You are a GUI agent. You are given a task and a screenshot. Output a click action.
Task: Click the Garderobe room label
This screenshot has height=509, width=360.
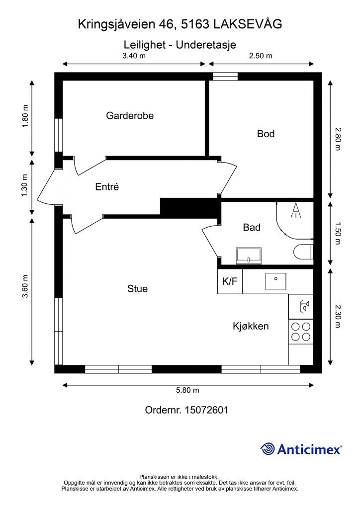click(x=130, y=115)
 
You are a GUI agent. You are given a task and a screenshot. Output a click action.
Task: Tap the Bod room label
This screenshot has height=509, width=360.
click(x=266, y=134)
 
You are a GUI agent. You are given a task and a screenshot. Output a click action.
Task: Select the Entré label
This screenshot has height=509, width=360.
click(x=107, y=187)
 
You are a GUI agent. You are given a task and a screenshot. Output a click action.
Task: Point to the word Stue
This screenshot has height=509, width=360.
click(x=137, y=289)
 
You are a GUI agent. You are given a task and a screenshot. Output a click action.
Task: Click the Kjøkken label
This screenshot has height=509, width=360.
click(x=251, y=326)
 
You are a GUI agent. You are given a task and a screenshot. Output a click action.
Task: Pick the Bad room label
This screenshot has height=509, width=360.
click(x=252, y=227)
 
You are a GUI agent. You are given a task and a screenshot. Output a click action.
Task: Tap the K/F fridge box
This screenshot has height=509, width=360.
click(x=230, y=281)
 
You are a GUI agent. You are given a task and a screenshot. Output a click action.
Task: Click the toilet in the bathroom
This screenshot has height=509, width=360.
click(x=303, y=252)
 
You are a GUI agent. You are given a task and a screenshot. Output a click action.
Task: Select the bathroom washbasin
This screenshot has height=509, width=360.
click(x=249, y=254)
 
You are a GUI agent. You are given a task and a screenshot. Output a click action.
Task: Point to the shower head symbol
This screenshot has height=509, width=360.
click(x=295, y=210)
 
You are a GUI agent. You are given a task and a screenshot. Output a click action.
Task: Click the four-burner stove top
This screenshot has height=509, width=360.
click(x=301, y=332)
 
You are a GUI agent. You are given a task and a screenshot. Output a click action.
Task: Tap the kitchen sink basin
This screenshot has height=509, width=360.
click(x=276, y=281)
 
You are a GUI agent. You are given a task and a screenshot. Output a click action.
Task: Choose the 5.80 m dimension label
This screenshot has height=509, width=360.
click(x=187, y=390)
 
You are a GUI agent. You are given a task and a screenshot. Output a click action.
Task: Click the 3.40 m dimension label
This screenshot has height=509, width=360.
click(x=134, y=56)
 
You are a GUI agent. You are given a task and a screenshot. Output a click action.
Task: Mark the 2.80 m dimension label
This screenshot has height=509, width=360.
click(x=338, y=139)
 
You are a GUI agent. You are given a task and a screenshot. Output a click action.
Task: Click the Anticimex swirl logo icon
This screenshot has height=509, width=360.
click(x=268, y=449)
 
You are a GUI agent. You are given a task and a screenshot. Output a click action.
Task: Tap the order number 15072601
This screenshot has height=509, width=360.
click(x=206, y=410)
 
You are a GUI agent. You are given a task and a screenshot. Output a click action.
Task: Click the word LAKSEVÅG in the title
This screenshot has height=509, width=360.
click(x=248, y=24)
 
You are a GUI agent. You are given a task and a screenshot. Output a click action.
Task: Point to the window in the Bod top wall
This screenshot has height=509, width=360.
click(x=225, y=76)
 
